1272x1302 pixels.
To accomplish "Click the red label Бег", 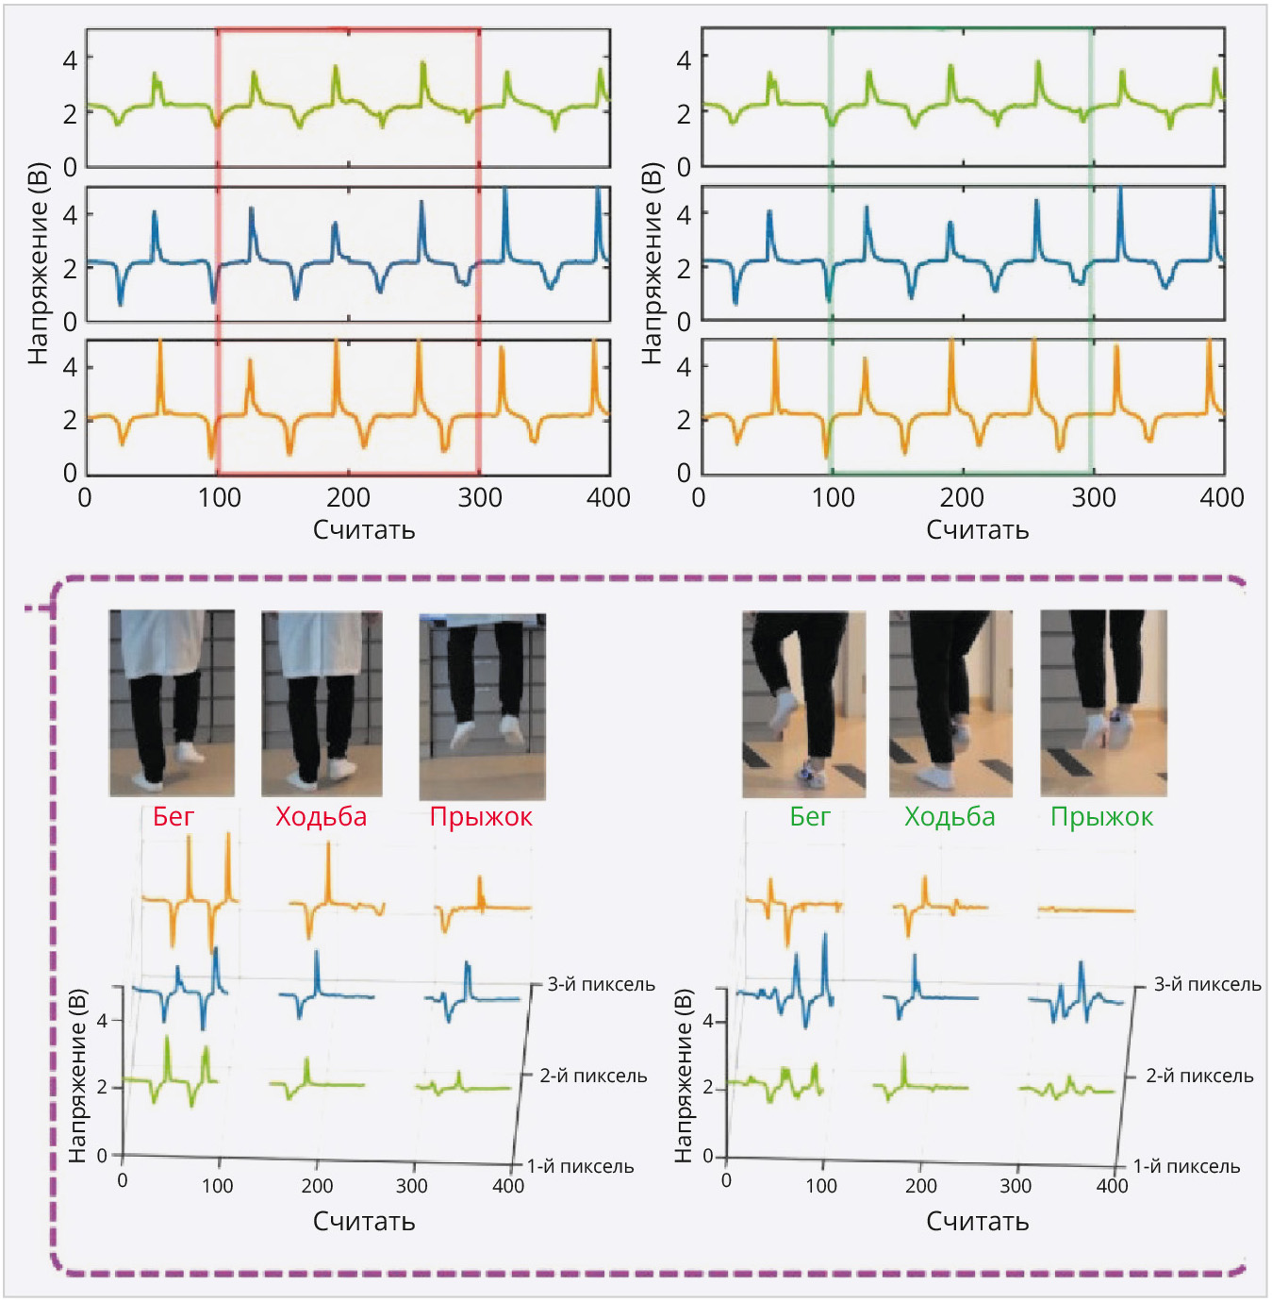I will click(173, 817).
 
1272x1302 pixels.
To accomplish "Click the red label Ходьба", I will click(321, 817).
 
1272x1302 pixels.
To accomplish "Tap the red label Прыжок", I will click(481, 817).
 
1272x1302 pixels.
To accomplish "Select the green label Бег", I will click(810, 817).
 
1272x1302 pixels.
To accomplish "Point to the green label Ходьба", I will click(950, 817).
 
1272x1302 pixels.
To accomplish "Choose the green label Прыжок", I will click(1101, 817).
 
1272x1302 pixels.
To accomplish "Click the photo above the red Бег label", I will click(172, 703).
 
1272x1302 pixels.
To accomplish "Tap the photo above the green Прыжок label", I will click(1103, 703).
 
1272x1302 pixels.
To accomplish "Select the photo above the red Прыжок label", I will click(482, 706).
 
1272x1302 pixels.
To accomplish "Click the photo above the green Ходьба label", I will click(950, 703).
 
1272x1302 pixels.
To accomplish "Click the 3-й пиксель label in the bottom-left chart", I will click(601, 985).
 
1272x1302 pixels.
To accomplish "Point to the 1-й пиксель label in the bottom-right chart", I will click(1186, 1167).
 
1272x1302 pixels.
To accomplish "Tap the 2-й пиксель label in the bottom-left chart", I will click(593, 1077).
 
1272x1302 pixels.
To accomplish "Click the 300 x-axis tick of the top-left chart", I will click(480, 498).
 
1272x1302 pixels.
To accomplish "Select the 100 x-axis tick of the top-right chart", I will click(834, 498).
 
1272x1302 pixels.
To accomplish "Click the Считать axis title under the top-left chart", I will click(364, 530).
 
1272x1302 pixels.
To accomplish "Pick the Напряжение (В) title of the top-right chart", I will click(651, 264).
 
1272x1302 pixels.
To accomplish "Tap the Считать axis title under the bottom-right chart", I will click(977, 1222).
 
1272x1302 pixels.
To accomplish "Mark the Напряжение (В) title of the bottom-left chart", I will click(78, 1076).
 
